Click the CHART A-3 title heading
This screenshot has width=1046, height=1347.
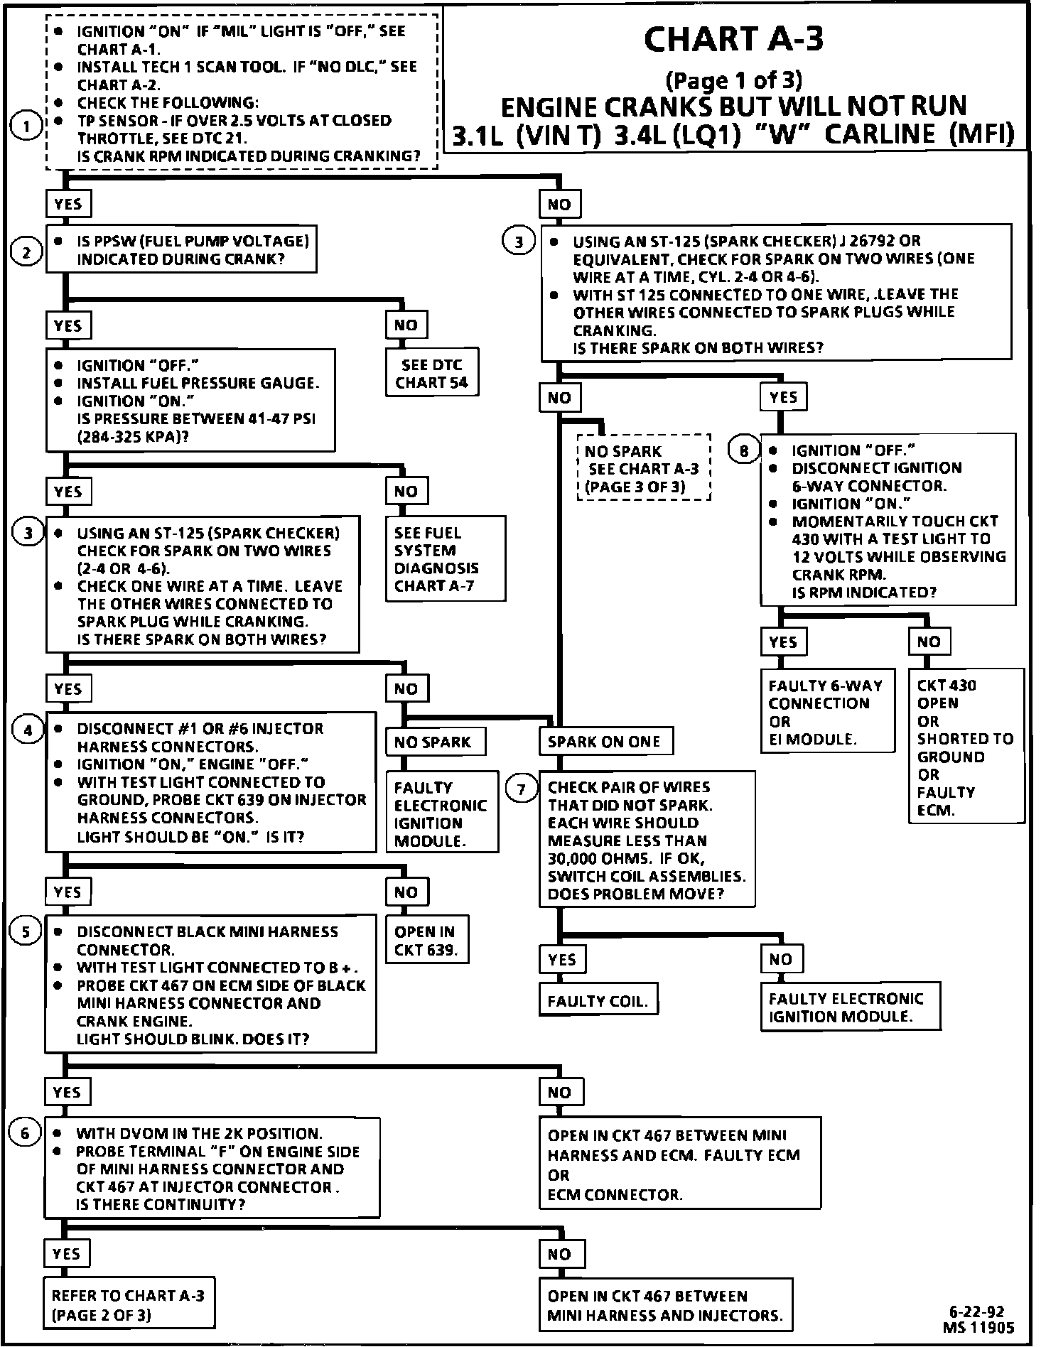pos(733,40)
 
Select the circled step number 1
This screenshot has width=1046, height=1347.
pos(27,128)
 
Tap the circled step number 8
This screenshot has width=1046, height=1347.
pos(744,450)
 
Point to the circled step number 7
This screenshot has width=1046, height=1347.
pos(522,789)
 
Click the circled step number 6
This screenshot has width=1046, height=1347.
pos(26,1132)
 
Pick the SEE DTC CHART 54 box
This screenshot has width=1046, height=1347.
pos(432,374)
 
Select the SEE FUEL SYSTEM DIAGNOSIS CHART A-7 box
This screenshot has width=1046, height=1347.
pos(446,559)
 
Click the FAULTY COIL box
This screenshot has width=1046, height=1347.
pos(598,1001)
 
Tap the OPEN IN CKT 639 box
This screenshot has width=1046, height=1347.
pos(426,941)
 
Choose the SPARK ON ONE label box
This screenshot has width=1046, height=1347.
pos(605,742)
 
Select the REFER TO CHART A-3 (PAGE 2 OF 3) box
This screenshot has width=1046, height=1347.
pos(129,1305)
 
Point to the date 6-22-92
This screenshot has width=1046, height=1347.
pos(976,1312)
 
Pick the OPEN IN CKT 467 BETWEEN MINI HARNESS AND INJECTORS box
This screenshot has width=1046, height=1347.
pos(665,1305)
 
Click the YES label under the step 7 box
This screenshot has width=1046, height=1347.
pos(562,959)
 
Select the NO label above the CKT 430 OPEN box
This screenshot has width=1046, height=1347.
pos(928,642)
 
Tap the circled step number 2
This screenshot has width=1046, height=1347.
pos(27,252)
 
